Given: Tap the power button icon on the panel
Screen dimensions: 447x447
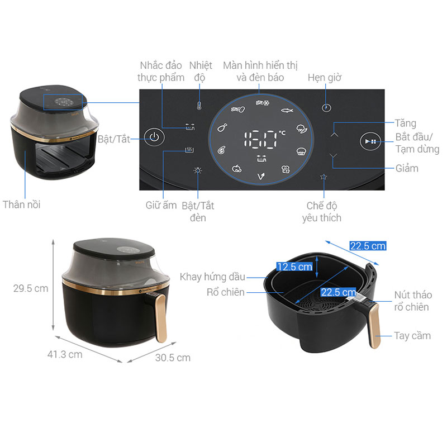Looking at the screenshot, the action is [x=154, y=137].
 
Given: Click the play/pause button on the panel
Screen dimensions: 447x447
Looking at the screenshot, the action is [x=370, y=141].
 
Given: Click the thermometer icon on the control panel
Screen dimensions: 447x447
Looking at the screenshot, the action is [x=199, y=106].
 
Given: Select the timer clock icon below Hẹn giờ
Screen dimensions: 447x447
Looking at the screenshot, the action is [x=326, y=108].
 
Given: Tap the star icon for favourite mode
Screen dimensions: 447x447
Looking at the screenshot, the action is [x=324, y=177].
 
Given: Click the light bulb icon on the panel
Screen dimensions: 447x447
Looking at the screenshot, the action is [x=198, y=170].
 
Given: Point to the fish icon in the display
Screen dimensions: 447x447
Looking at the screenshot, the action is [x=287, y=110].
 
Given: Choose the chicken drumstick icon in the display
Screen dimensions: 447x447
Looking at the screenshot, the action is [x=222, y=127].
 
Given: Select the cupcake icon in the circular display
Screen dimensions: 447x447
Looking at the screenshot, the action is [x=301, y=151].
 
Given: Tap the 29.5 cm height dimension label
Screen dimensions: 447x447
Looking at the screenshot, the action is [x=31, y=288].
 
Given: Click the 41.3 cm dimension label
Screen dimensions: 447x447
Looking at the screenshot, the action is [x=65, y=354].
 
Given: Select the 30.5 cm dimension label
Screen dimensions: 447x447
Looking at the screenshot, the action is [x=173, y=358].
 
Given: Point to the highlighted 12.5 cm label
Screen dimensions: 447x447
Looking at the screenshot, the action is [x=294, y=267].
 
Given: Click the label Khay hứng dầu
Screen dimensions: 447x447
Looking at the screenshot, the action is [x=212, y=277].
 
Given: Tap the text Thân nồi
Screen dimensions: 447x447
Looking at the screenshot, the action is [x=22, y=205].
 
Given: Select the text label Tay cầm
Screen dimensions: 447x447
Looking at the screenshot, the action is [x=412, y=336].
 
